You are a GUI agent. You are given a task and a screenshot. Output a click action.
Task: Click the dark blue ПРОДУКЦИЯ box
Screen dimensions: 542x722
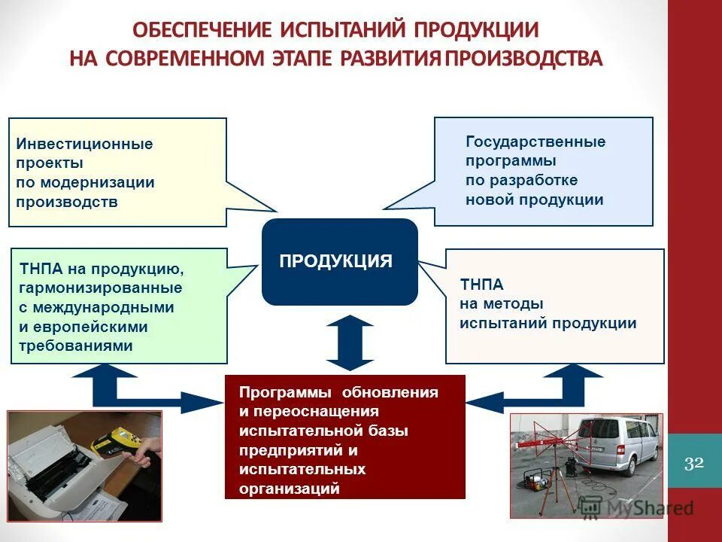[x=339, y=262]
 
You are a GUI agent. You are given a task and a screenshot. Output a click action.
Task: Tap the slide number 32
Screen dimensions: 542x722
[x=694, y=462]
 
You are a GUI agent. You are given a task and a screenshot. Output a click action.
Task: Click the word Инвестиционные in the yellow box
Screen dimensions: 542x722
[x=85, y=143]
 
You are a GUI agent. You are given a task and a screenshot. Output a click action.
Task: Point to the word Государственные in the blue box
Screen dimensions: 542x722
[x=535, y=142]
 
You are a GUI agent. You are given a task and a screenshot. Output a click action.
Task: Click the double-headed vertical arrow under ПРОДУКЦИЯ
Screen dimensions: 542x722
[x=350, y=343]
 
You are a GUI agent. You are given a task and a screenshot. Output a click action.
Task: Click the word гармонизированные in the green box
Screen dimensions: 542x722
[x=101, y=288]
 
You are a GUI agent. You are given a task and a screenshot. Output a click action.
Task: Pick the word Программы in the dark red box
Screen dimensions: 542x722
[x=287, y=393]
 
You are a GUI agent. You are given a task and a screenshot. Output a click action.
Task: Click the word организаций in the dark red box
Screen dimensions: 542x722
[x=290, y=489]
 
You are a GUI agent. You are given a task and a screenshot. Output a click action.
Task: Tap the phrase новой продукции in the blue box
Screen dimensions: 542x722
[x=535, y=199]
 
